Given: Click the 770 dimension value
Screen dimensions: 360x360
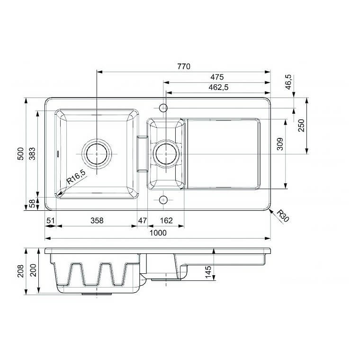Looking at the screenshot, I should click(183, 67).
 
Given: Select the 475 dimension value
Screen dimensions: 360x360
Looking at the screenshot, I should click(217, 77).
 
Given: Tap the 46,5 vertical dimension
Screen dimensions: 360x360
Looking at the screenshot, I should click(288, 83).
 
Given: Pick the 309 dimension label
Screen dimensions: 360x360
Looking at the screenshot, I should click(279, 143).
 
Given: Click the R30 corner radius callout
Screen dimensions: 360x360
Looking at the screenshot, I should click(282, 216).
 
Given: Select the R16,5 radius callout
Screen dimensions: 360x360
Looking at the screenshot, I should click(76, 179).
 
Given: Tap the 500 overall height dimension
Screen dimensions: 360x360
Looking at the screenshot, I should click(20, 153).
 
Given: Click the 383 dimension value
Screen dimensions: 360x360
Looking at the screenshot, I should click(32, 153).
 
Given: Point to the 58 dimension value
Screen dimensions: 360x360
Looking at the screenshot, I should click(32, 204).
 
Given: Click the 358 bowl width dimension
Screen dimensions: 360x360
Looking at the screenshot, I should click(97, 220).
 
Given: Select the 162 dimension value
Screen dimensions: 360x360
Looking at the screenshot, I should click(166, 220).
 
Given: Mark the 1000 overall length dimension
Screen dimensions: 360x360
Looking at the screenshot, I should click(158, 233).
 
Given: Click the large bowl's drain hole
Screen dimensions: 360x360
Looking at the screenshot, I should click(97, 154).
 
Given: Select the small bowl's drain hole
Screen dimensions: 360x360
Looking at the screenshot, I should click(166, 154).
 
